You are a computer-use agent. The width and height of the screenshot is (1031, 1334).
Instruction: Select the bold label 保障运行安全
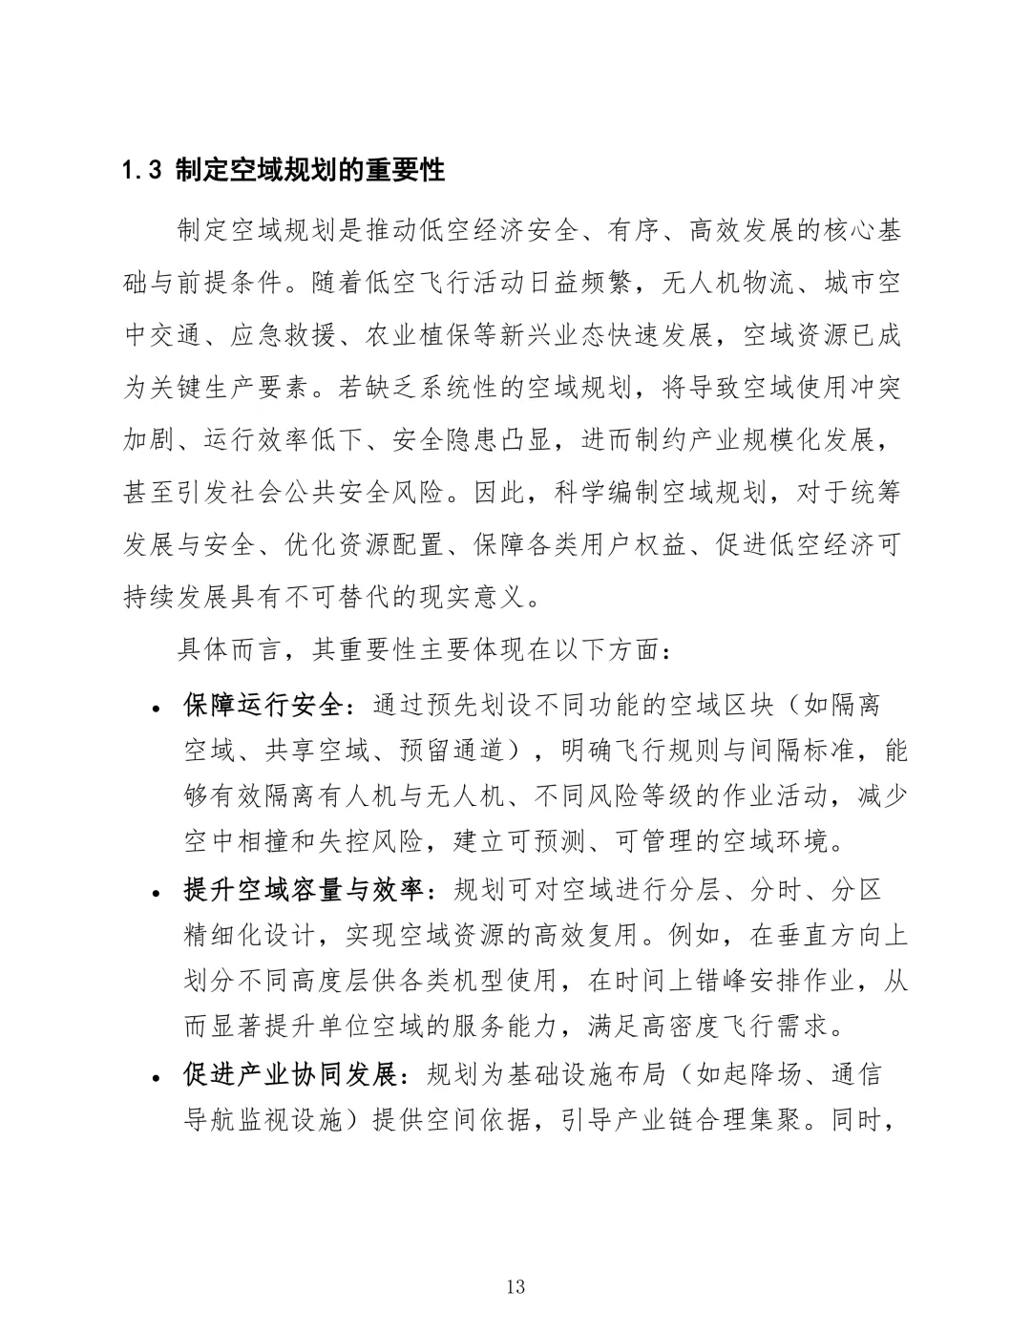[263, 705]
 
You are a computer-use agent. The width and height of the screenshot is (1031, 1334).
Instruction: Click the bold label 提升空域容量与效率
[303, 890]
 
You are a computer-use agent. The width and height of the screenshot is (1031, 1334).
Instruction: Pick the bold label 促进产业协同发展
[289, 1075]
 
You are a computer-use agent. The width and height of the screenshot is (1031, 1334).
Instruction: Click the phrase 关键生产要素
[235, 388]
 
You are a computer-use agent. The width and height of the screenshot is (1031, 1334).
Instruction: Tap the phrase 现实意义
[473, 598]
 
